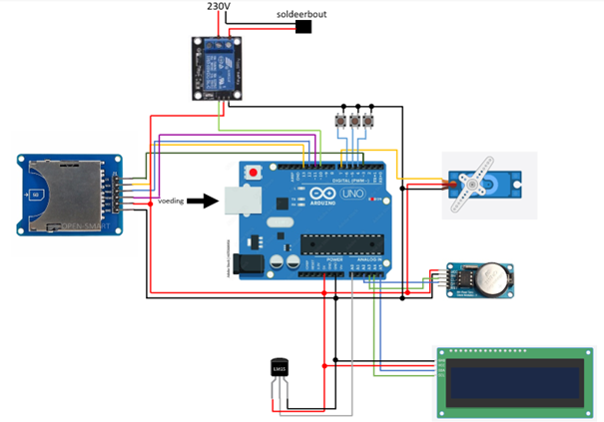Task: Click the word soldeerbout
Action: coord(302,15)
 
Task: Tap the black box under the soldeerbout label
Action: coord(303,27)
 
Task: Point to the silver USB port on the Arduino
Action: coord(242,201)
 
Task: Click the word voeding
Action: coord(171,201)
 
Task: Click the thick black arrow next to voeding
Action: coord(204,201)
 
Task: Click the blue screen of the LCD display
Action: coord(514,379)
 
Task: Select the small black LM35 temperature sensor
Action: coord(279,370)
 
